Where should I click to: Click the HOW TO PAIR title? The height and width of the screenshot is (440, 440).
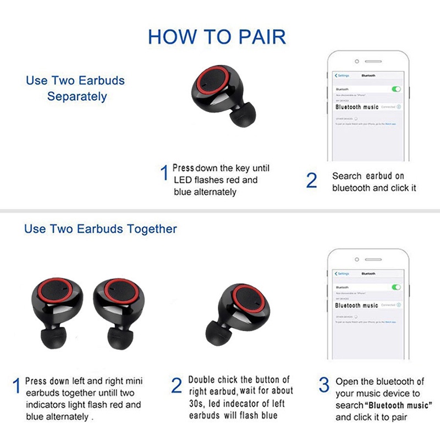point(217,37)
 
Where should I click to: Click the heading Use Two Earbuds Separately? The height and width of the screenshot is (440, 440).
point(75,88)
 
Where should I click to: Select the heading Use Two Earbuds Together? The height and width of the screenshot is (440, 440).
point(101,228)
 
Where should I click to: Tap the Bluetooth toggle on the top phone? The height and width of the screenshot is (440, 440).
point(395,89)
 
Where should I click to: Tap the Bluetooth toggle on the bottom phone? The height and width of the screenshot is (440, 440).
point(395,287)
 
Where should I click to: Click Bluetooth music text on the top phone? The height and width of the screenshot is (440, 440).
point(357,107)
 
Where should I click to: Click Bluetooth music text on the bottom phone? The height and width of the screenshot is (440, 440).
point(357,305)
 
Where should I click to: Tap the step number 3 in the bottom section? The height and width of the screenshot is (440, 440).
point(324,386)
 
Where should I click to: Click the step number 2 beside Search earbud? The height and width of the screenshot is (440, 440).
point(311,180)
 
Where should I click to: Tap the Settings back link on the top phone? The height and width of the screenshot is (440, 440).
point(342,75)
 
